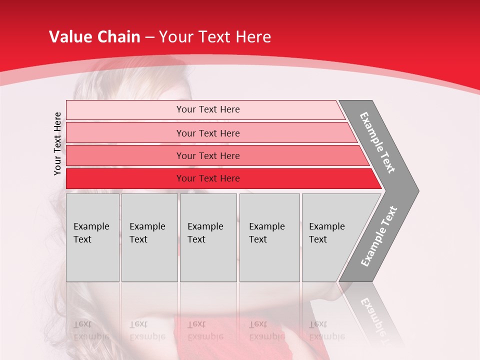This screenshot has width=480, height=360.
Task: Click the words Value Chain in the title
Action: (x=94, y=37)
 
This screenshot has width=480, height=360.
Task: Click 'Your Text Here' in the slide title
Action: (x=215, y=37)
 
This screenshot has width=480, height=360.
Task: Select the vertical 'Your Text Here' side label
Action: (x=57, y=143)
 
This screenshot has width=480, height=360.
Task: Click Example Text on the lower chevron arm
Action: (x=379, y=236)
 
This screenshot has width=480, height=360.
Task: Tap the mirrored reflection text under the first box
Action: (x=91, y=330)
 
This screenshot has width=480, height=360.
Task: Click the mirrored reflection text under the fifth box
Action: (x=326, y=330)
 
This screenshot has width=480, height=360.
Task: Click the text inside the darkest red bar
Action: (x=208, y=178)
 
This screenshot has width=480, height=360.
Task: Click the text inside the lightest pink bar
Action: (x=208, y=109)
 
